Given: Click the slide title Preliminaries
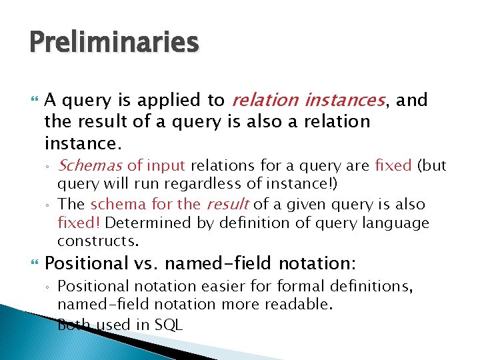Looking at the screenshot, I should point(114,43).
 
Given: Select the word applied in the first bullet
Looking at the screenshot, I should point(171,101).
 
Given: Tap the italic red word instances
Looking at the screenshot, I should point(344,101).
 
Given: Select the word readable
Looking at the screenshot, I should point(301,305).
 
